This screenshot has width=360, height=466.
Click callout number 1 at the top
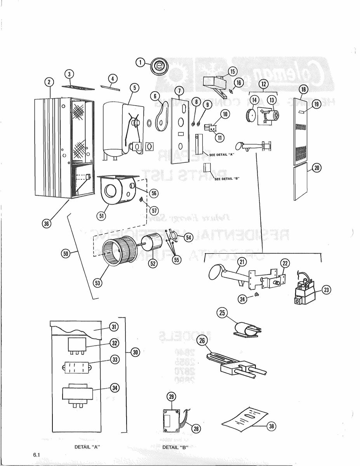(x=140, y=63)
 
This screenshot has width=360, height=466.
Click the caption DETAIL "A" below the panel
(x=87, y=447)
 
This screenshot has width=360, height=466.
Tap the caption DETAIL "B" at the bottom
(x=175, y=447)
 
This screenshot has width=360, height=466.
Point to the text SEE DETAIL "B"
(x=226, y=179)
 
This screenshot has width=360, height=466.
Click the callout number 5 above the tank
(x=134, y=88)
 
